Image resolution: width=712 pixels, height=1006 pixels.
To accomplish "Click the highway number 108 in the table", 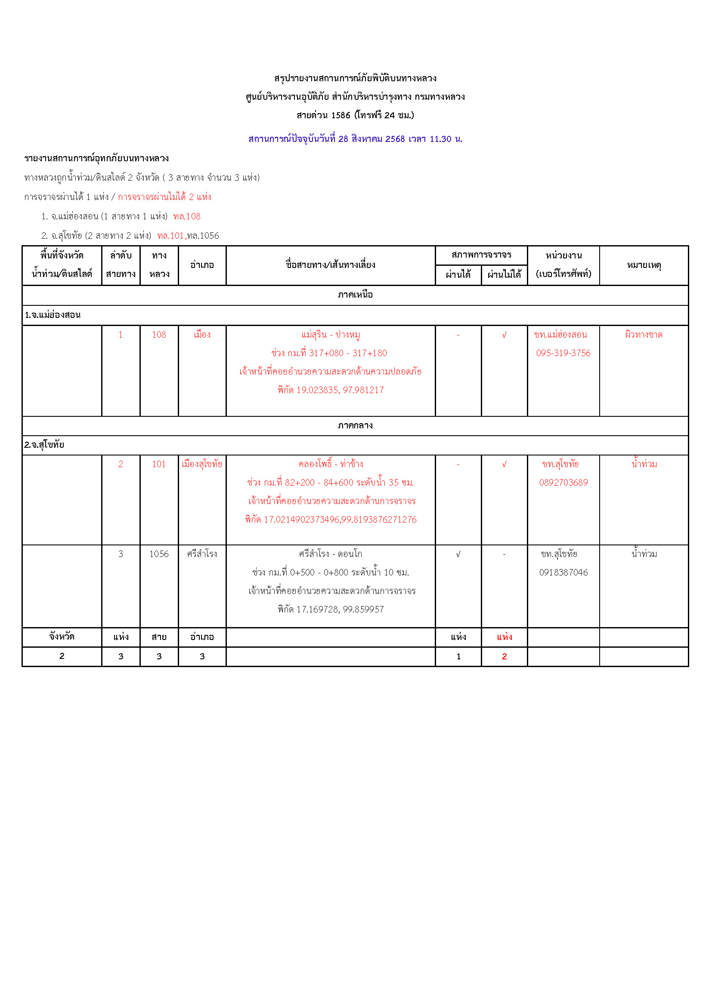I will pyautogui.click(x=159, y=335).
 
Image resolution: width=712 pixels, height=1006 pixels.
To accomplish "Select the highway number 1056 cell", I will pyautogui.click(x=159, y=554).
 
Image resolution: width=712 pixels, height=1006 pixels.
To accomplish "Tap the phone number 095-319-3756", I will pyautogui.click(x=563, y=353).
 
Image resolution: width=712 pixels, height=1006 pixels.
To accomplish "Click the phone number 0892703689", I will pyautogui.click(x=563, y=483).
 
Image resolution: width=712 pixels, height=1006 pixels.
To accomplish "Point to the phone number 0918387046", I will pyautogui.click(x=563, y=572).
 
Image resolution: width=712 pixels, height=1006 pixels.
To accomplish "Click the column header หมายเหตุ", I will pyautogui.click(x=643, y=265).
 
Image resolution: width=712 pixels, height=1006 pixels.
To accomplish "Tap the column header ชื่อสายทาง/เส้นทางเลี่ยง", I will pyautogui.click(x=330, y=265).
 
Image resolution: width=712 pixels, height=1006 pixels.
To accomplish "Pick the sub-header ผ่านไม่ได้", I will pyautogui.click(x=504, y=275).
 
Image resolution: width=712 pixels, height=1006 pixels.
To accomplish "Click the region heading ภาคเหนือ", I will pyautogui.click(x=355, y=295).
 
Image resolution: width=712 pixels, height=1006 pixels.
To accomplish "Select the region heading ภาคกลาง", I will pyautogui.click(x=355, y=425).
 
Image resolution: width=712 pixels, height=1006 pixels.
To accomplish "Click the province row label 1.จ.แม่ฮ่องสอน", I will pyautogui.click(x=53, y=315).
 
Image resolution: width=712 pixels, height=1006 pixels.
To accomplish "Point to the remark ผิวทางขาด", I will pyautogui.click(x=643, y=335).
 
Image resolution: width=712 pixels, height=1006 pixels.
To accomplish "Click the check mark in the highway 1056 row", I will pyautogui.click(x=458, y=554).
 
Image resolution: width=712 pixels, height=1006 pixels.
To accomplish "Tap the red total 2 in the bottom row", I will pyautogui.click(x=504, y=656).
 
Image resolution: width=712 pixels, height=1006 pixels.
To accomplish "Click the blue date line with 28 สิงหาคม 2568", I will pyautogui.click(x=355, y=139).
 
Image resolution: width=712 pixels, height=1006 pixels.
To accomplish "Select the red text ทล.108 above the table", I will pyautogui.click(x=187, y=216).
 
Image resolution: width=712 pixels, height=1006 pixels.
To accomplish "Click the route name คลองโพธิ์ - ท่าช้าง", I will pyautogui.click(x=330, y=464).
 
